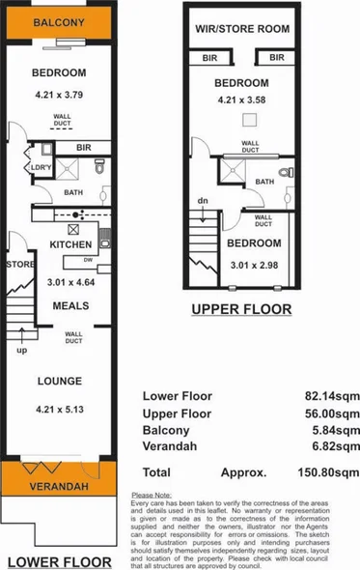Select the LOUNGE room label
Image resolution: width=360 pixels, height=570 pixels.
(x=60, y=381)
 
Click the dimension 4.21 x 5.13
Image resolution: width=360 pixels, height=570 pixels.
(x=60, y=410)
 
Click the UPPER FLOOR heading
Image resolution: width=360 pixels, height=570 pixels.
(x=241, y=309)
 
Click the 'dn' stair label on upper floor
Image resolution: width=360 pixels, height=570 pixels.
(x=202, y=200)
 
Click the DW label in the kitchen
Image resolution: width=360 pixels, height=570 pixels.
(x=88, y=260)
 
